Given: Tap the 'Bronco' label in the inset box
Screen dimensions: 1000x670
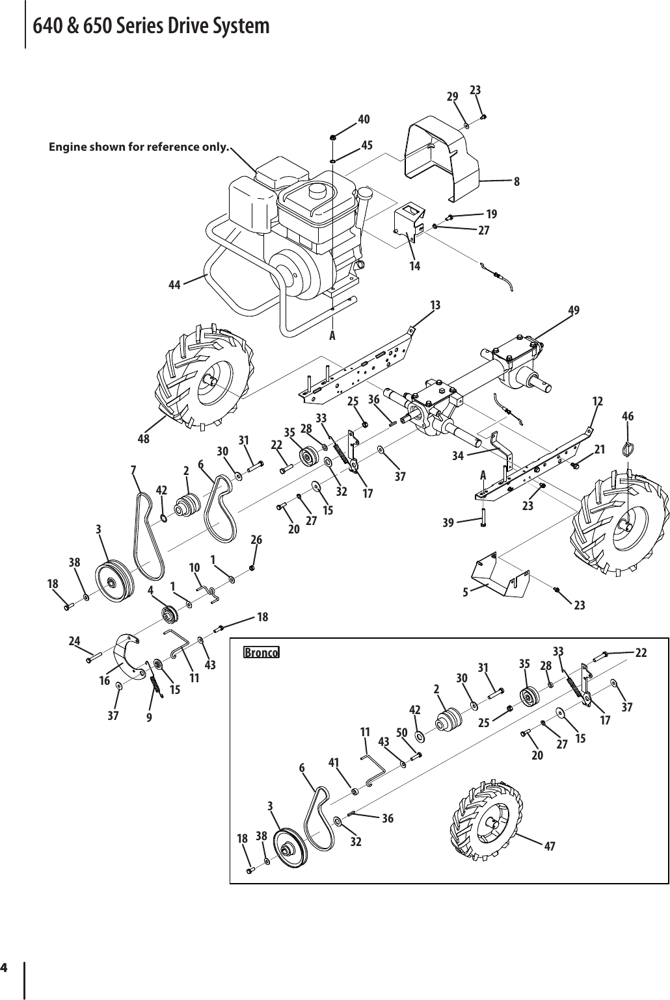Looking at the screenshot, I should [261, 652].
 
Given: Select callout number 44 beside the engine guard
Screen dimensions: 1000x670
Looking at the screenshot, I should [174, 285].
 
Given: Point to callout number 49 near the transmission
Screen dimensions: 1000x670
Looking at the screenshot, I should [574, 311].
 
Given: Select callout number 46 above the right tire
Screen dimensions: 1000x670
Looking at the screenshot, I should [628, 416].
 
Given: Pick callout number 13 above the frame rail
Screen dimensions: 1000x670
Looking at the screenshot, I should [435, 305].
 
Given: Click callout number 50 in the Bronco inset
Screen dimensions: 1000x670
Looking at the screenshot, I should [401, 734].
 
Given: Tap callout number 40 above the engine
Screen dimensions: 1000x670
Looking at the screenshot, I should [364, 120].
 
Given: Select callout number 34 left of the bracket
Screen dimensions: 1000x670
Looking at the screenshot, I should [459, 455].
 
